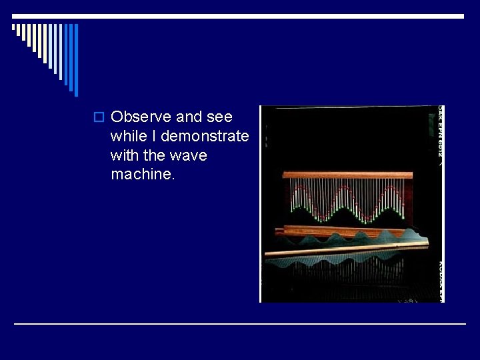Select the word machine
143,175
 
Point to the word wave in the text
189,156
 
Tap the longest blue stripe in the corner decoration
75,60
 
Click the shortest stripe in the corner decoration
14,28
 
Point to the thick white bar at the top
239,16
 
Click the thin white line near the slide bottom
239,324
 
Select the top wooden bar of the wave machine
347,175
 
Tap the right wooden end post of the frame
408,200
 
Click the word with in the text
125,156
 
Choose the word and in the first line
189,117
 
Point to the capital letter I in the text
155,137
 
